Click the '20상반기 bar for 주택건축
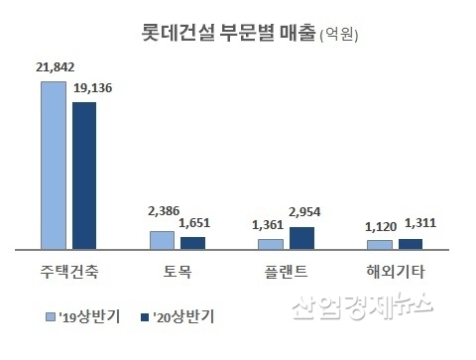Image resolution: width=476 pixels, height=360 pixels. click(x=85, y=175)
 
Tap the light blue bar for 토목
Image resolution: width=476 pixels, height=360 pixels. click(x=161, y=239)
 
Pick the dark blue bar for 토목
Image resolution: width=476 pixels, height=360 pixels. click(x=193, y=242)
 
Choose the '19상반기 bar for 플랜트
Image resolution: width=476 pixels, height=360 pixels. click(x=270, y=243)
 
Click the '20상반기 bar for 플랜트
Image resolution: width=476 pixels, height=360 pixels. click(x=301, y=237)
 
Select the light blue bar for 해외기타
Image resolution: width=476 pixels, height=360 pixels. click(x=379, y=244)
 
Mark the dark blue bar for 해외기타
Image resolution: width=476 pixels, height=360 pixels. click(x=411, y=243)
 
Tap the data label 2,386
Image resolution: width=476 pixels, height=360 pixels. click(x=162, y=210)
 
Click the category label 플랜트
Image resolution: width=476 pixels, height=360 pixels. click(x=287, y=270)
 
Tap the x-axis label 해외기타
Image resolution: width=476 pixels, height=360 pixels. click(x=395, y=270)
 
